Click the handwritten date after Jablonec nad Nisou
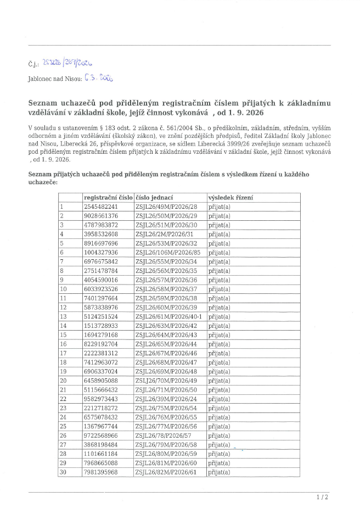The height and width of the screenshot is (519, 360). pos(99,79)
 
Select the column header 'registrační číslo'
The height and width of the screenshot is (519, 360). pos(108,197)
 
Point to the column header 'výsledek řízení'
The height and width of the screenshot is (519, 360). pos(230,197)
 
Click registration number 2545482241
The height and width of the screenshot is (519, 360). pos(100,207)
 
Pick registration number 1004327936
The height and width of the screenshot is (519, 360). pos(100,252)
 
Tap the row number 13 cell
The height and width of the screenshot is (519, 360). pos(63,316)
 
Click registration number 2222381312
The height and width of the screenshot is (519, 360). pos(100,353)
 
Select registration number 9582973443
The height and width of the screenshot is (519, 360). pos(100,399)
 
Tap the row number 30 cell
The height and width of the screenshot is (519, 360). pos(63,472)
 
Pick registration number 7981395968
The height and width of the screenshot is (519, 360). pos(100,472)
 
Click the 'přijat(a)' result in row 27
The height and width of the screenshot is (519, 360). pos(219,445)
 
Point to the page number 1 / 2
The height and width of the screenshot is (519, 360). pos(322,498)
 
